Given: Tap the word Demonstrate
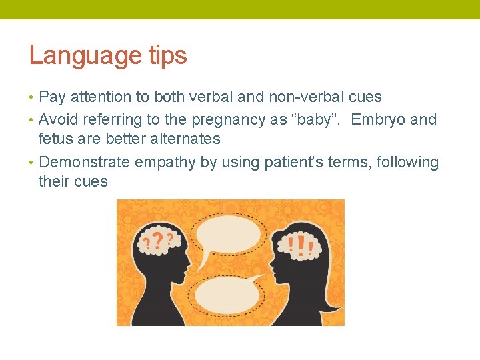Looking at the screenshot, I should [85, 163].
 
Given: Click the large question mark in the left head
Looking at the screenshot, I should [157, 241].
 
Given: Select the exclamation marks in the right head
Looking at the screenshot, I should [304, 245].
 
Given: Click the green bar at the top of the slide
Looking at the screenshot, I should [240, 9].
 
